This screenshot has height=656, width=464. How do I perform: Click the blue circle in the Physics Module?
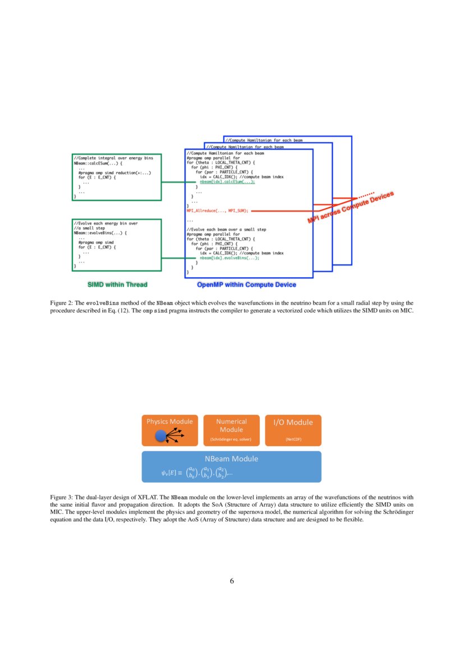pyautogui.click(x=161, y=434)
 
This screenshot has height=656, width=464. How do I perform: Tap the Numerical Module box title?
pyautogui.click(x=231, y=425)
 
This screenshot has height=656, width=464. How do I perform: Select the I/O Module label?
pyautogui.click(x=293, y=422)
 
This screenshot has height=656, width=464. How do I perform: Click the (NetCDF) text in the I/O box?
pyautogui.click(x=293, y=439)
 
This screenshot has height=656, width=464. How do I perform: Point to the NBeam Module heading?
pyautogui.click(x=231, y=458)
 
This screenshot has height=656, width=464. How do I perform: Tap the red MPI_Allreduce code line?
pyautogui.click(x=217, y=210)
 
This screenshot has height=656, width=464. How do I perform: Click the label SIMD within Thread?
pyautogui.click(x=117, y=285)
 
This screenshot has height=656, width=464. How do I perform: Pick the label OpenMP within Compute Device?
pyautogui.click(x=246, y=285)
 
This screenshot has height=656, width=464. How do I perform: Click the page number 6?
pyautogui.click(x=232, y=581)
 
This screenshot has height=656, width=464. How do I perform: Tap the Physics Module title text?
pyautogui.click(x=169, y=421)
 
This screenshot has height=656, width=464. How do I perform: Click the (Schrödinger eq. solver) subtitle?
pyautogui.click(x=231, y=439)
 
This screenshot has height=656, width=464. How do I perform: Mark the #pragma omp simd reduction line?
pyautogui.click(x=115, y=172)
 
